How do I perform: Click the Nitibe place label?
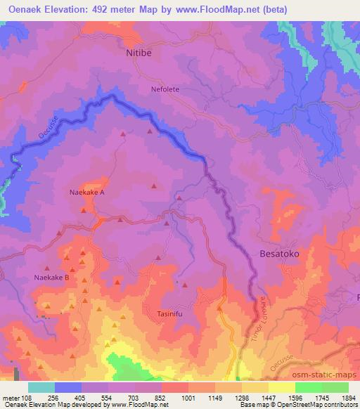click(x=139, y=52)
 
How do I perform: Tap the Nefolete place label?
click(x=165, y=89)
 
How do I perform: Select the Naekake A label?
click(x=87, y=192)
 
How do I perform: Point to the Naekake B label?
click(x=51, y=278)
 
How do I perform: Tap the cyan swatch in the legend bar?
click(x=41, y=387)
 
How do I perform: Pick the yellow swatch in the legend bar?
click(x=281, y=387)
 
